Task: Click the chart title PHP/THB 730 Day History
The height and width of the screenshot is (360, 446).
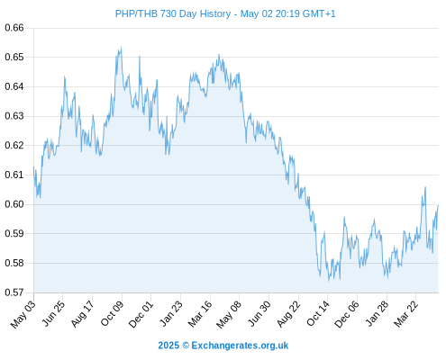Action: click(x=173, y=13)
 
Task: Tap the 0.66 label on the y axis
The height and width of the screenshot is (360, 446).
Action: click(x=14, y=28)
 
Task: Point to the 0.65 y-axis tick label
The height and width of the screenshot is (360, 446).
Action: click(x=14, y=57)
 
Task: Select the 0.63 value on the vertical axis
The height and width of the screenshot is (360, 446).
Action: click(x=14, y=116)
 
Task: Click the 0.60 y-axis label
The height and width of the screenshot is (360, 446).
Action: click(x=14, y=204)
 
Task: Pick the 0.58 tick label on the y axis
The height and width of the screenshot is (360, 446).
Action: click(x=14, y=263)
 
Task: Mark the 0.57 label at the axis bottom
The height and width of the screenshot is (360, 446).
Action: click(x=14, y=292)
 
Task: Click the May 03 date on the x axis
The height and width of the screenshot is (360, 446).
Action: click(x=23, y=314)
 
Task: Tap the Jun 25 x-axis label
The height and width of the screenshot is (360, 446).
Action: click(x=53, y=313)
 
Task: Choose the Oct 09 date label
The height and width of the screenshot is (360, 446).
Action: click(x=112, y=313)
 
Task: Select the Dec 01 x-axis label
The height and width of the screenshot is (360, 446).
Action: click(x=141, y=314)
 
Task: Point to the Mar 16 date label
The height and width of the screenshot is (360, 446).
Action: click(x=200, y=314)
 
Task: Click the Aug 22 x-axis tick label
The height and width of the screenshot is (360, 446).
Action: click(x=288, y=314)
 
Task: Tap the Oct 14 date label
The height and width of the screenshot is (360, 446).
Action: click(x=318, y=313)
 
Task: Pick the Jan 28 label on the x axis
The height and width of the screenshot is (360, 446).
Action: click(x=377, y=314)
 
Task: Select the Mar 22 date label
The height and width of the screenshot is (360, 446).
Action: click(x=406, y=314)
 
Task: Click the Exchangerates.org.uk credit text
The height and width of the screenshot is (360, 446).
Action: click(x=240, y=346)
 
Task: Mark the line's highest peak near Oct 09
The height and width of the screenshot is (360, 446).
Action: click(x=121, y=47)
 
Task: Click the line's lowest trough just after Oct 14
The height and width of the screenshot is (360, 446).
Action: click(x=329, y=281)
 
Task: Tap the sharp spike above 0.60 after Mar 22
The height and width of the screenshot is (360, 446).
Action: click(x=425, y=187)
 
